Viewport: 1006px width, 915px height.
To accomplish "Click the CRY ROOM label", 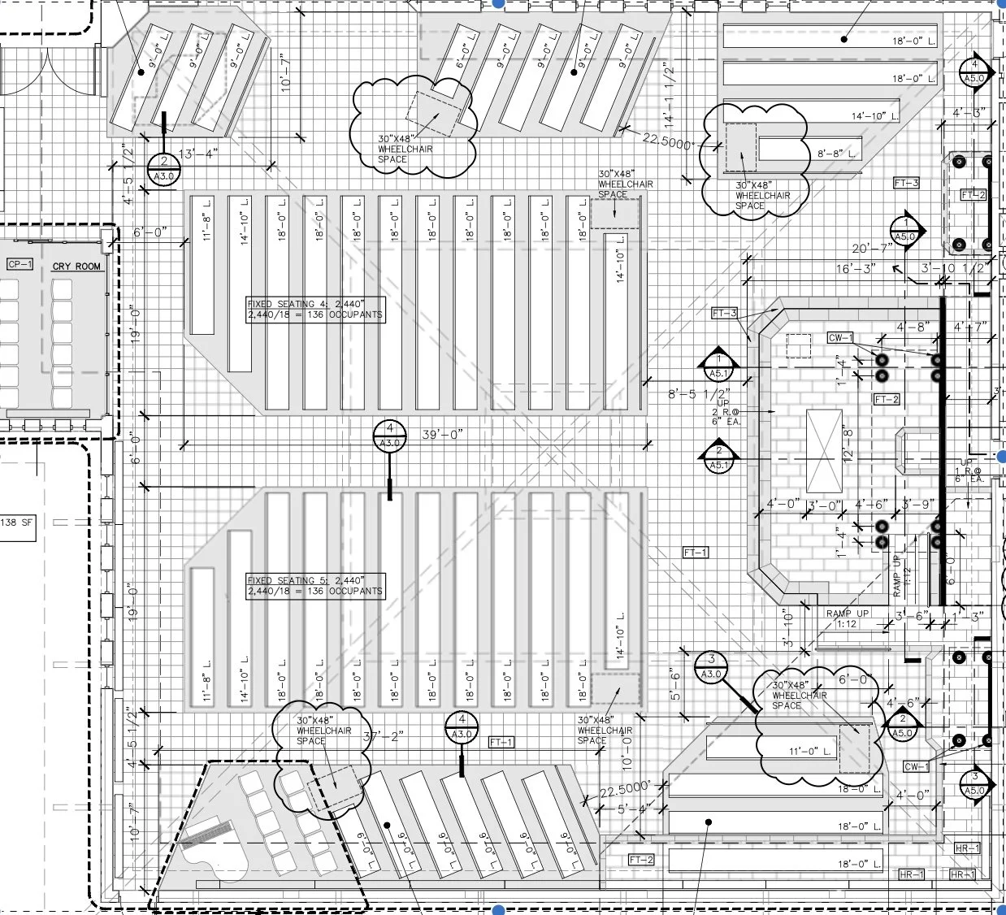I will click(77, 267).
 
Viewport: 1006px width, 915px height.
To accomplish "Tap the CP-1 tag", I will click(19, 265).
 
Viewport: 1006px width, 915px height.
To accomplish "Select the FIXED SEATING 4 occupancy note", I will click(315, 309).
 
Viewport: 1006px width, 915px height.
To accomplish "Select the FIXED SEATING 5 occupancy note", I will click(315, 586).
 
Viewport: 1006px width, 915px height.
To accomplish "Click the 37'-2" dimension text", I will click(383, 736).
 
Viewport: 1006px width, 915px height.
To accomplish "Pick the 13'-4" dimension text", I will click(198, 154).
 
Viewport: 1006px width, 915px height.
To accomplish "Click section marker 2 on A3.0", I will click(163, 168).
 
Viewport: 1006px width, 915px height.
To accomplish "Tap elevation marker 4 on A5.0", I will click(974, 72).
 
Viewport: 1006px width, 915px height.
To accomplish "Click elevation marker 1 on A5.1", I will click(719, 366).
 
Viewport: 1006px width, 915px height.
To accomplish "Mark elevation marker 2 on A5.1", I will click(719, 457).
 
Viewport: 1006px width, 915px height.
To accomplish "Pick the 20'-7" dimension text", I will click(871, 249).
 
